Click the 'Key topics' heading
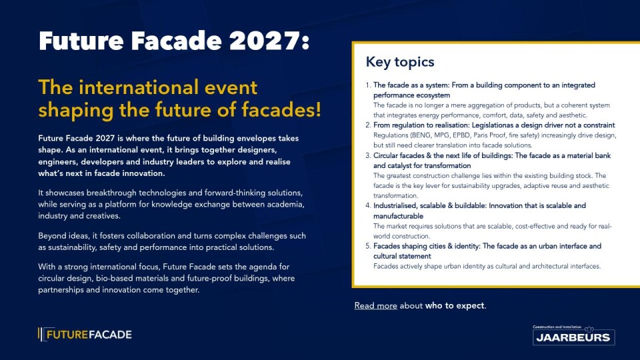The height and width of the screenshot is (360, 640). pyautogui.click(x=400, y=62)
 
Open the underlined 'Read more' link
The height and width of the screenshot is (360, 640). pyautogui.click(x=375, y=306)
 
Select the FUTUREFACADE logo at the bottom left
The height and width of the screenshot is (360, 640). pyautogui.click(x=85, y=335)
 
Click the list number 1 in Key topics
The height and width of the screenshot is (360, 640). pyautogui.click(x=368, y=85)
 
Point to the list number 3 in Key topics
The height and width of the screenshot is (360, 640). pyautogui.click(x=368, y=155)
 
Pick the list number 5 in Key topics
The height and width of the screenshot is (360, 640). pyautogui.click(x=368, y=246)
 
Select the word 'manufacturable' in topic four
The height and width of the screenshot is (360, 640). pyautogui.click(x=399, y=216)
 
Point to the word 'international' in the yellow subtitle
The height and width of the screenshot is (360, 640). pyautogui.click(x=168, y=87)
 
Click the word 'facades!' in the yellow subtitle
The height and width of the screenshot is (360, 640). pyautogui.click(x=281, y=110)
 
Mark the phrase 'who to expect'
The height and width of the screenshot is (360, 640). pyautogui.click(x=455, y=306)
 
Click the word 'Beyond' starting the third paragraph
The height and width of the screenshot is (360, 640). pyautogui.click(x=52, y=236)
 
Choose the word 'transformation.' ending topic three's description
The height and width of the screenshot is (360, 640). pyautogui.click(x=395, y=195)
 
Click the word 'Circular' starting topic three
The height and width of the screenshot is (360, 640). pyautogui.click(x=386, y=155)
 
